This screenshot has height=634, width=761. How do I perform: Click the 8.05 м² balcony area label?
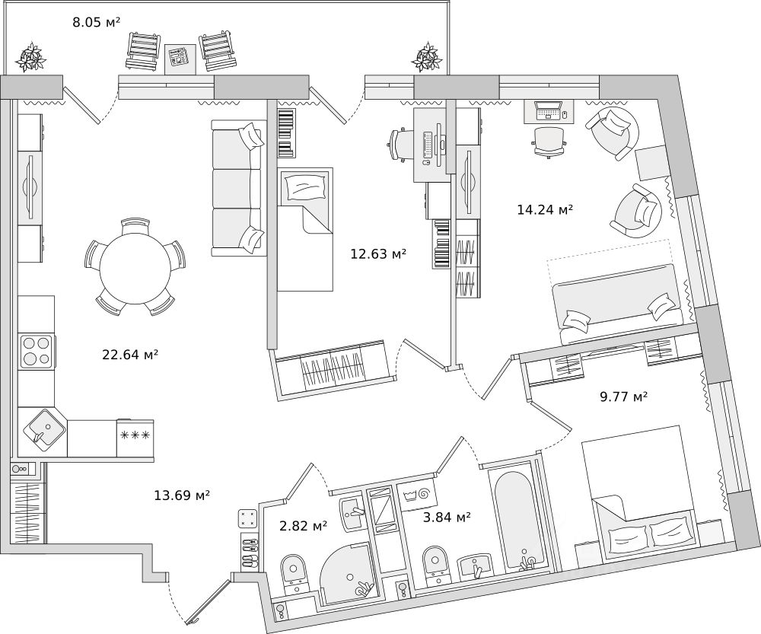(96, 22)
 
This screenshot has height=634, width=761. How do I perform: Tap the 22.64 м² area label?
(130, 355)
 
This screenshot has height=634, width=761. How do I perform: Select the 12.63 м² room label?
(378, 254)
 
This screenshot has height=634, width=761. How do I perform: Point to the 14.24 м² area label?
(545, 210)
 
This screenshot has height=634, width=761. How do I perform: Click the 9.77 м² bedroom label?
(624, 397)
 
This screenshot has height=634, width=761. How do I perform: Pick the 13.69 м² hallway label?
(182, 495)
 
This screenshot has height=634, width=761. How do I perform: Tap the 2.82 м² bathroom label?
(304, 525)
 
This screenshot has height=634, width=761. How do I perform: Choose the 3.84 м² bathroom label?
(447, 518)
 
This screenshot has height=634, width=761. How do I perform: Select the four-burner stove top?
(37, 351)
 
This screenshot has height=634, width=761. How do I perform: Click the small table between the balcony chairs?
(180, 59)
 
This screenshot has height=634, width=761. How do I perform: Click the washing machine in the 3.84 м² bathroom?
(417, 495)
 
